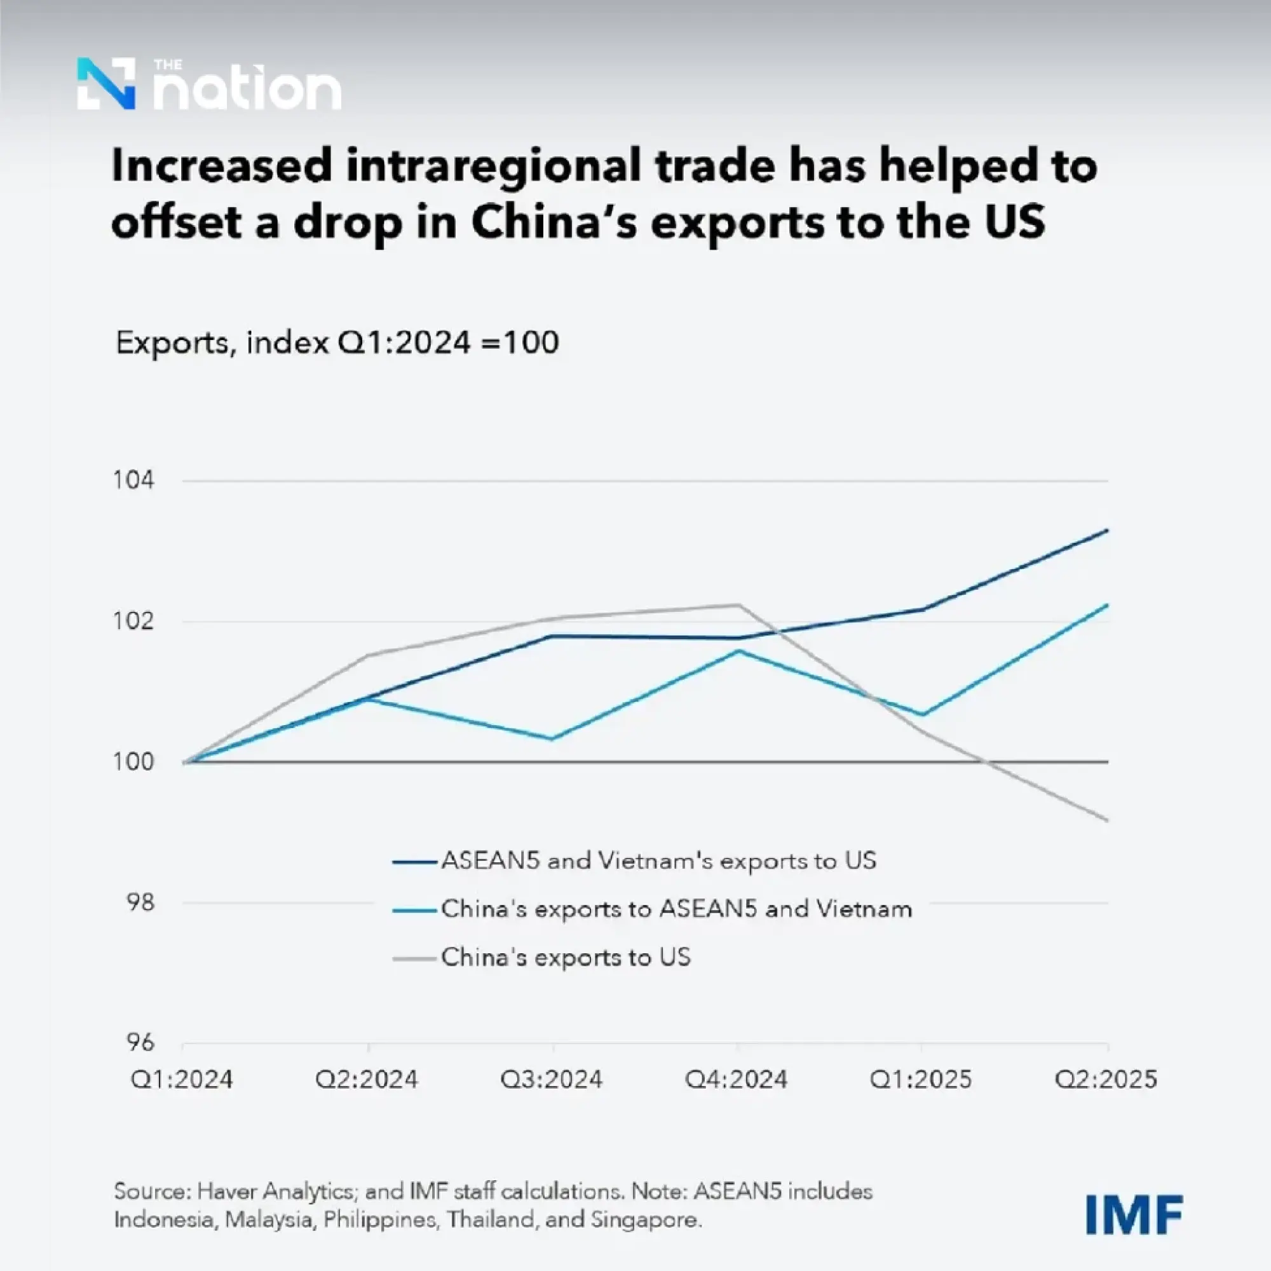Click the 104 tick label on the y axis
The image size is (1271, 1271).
point(133,480)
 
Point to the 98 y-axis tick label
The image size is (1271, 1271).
point(139,902)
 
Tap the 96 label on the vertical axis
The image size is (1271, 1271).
point(139,1043)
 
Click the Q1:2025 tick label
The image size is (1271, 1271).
point(920,1080)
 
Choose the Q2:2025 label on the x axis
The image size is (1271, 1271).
point(1106,1080)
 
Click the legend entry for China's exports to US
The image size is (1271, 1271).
point(566,957)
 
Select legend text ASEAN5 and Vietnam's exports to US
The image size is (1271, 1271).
point(658,860)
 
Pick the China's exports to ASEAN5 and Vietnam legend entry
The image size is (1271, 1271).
point(676,909)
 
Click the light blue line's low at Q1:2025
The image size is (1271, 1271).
point(923,715)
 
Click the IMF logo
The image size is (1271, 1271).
point(1134,1215)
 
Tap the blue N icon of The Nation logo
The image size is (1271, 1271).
point(107,83)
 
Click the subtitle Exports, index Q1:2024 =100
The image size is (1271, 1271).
point(337,343)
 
